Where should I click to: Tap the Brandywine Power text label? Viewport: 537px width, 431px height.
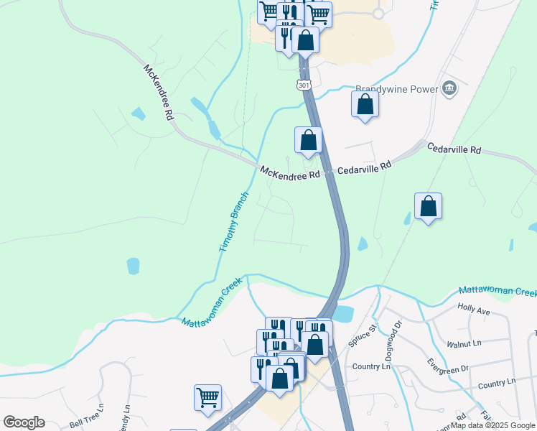[x=396, y=90]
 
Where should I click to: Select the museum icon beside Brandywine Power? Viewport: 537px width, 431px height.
[x=450, y=89]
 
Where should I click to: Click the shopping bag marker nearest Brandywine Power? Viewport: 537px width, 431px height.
[x=365, y=104]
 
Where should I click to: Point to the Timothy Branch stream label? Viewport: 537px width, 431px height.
[x=233, y=221]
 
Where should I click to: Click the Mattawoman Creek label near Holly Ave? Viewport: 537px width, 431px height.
[x=498, y=292]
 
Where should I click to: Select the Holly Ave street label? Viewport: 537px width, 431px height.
[x=473, y=310]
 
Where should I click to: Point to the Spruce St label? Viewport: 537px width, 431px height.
[x=363, y=339]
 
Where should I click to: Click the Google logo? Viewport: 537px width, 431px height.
[x=24, y=422]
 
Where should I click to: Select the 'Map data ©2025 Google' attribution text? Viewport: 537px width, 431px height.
[x=493, y=425]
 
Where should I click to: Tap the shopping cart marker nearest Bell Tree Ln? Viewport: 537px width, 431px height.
[x=207, y=397]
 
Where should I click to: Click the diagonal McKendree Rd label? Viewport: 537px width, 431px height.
[x=159, y=93]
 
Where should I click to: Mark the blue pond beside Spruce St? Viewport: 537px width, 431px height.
[x=342, y=314]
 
